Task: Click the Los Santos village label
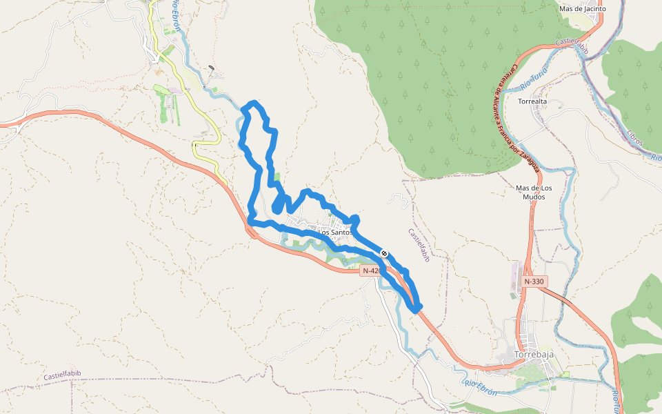(335, 233)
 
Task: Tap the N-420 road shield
(371, 271)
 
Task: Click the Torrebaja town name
(534, 355)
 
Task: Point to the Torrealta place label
(532, 101)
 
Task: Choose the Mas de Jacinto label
(582, 9)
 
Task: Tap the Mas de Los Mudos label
(534, 193)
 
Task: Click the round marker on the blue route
(384, 254)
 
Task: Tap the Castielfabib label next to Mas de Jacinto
(572, 46)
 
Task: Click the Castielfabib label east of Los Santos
(419, 246)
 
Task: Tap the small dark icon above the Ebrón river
(210, 69)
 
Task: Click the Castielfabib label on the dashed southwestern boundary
(62, 375)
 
